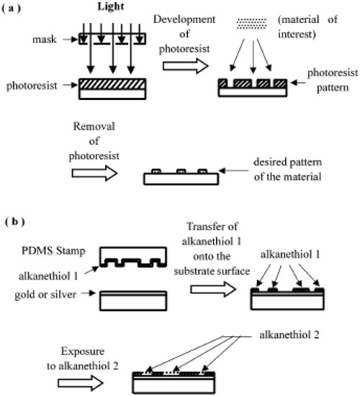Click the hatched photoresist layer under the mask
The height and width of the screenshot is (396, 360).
105,83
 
